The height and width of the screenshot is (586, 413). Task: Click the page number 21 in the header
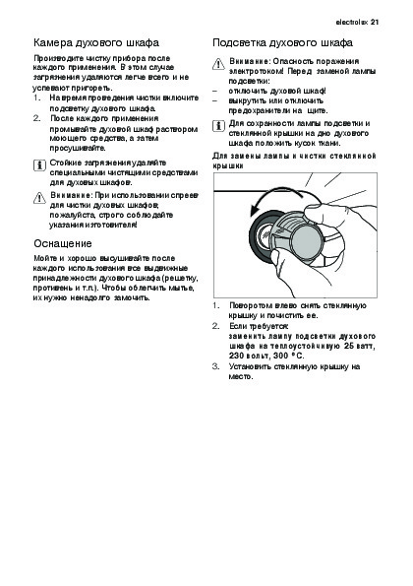(375, 22)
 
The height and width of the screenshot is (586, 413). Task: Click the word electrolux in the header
(352, 22)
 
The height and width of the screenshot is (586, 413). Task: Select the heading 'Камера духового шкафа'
(96, 43)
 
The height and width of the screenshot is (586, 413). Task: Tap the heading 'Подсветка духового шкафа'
(282, 43)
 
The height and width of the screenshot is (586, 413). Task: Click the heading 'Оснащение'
(63, 243)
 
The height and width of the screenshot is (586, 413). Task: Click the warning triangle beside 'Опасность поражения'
(218, 64)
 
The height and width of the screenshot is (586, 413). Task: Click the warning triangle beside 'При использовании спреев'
(39, 198)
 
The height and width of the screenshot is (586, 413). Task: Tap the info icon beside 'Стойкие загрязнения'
(39, 164)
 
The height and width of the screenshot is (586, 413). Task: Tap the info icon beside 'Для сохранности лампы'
(218, 126)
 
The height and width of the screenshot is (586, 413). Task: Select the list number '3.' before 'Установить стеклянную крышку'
(216, 366)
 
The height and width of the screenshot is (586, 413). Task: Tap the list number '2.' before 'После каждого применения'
(36, 118)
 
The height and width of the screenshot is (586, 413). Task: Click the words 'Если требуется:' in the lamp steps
(259, 326)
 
